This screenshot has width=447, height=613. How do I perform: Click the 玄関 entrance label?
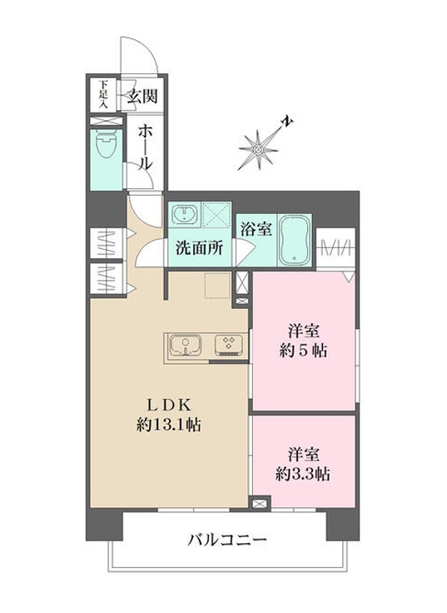pos(142,96)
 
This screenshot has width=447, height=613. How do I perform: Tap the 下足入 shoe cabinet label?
pos(102,94)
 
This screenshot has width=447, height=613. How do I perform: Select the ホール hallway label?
pos(144,147)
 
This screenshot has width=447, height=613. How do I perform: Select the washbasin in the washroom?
pos(184,216)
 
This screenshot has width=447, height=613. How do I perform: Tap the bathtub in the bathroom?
pos(295,240)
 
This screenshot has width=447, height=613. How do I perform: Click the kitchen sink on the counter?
pos(187,344)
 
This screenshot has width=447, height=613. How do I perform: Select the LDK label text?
pos(171,404)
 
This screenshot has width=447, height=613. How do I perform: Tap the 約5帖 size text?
pos(302,350)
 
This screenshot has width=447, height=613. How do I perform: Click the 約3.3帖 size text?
pos(304,475)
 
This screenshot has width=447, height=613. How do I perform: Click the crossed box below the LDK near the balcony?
pos(260,503)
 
